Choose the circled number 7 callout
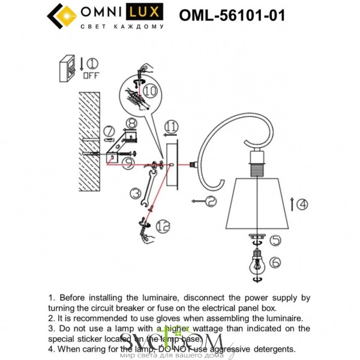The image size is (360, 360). pyautogui.click(x=109, y=131)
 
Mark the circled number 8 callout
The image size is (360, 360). pyautogui.click(x=131, y=124)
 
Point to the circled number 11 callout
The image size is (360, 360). pyautogui.click(x=172, y=126)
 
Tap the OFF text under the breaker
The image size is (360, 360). pyautogui.click(x=91, y=76)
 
